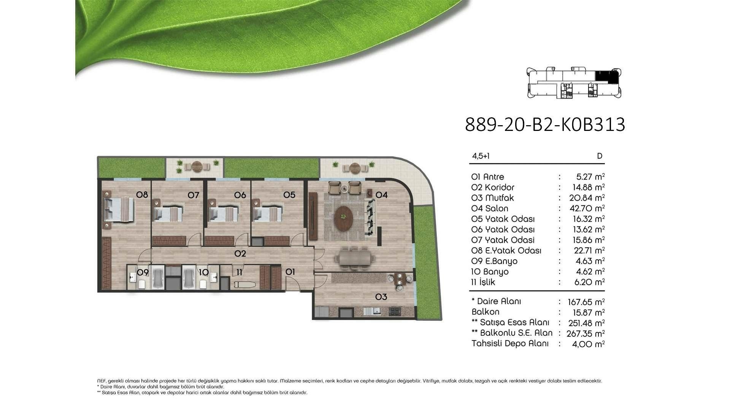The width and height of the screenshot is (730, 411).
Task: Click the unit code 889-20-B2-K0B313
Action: (545, 124)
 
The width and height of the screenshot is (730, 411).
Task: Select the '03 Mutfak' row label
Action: (492, 198)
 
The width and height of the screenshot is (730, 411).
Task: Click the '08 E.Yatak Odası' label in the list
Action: (506, 250)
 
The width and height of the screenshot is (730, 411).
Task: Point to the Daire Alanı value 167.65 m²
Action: (586, 302)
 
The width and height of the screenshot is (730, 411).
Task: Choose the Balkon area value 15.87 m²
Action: (588, 312)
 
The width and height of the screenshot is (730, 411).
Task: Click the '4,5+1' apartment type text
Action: (481, 156)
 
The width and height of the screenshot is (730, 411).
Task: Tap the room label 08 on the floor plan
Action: (142, 195)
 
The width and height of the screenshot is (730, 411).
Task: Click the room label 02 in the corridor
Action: (240, 253)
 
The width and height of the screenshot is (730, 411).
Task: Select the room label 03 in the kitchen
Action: (381, 297)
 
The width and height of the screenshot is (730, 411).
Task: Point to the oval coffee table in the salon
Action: (343, 218)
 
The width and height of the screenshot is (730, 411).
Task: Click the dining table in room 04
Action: (354, 259)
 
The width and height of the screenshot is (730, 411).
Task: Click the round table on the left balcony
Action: (197, 166)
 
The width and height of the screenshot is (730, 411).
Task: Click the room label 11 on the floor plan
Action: (239, 272)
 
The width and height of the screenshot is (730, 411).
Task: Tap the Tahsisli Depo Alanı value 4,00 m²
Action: (588, 344)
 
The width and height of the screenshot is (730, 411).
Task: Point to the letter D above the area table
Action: (600, 156)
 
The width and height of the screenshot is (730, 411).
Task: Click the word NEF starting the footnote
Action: (102, 381)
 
